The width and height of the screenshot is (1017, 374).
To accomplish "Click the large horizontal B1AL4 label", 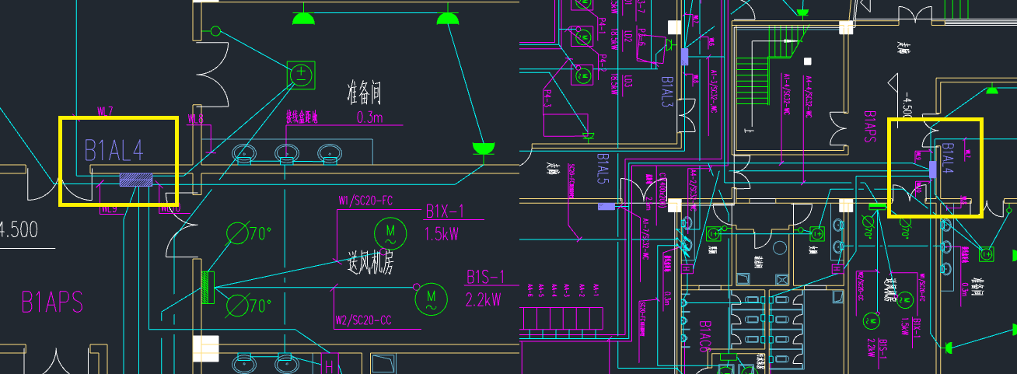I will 114,150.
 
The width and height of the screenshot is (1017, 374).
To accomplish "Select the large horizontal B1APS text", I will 51,302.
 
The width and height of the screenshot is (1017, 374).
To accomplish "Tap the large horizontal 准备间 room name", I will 364,94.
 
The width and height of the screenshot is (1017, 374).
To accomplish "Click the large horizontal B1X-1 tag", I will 444,211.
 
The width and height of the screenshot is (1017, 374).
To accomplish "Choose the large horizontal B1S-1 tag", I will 486,277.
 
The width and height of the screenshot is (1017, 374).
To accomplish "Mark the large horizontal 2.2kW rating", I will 483,298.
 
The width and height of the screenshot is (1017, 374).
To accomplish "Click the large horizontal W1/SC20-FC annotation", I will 365,201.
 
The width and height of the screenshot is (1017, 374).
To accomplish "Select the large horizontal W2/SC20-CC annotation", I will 363,320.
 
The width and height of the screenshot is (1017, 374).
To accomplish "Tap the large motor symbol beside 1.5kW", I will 390,232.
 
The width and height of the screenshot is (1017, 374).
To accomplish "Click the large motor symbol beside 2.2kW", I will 431,299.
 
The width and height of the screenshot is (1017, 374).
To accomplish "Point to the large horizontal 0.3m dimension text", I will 369,117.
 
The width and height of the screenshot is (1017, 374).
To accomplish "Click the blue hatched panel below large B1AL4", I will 135,180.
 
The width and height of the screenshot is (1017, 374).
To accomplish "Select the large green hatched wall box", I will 208,287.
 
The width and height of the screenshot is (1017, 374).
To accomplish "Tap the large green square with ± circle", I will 300,75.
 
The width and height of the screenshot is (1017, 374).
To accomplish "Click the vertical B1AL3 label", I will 667,92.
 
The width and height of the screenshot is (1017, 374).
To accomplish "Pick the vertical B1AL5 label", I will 602,168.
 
